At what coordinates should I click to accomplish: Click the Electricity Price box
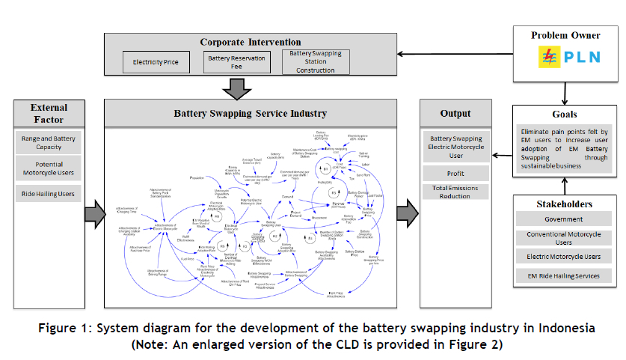point(156,62)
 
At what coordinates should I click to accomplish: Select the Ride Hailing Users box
point(49,195)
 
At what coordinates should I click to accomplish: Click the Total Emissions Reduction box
point(455,192)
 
